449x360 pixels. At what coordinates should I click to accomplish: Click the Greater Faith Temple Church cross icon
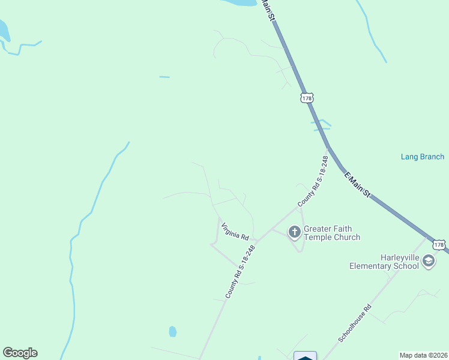point(294,231)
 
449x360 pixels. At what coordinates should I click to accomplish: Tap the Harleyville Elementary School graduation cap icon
point(429,260)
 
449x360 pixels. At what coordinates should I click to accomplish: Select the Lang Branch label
point(423,157)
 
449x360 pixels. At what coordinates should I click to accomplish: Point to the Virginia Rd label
point(235,232)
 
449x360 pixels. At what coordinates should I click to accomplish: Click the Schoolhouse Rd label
point(355,323)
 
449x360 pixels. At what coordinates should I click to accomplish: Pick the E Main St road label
point(358,185)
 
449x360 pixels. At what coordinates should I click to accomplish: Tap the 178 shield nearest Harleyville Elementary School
point(439,245)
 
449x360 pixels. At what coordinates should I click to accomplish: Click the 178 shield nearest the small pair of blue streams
point(307,97)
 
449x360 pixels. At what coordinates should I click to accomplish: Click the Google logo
point(20,353)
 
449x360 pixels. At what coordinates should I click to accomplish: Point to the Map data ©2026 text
point(423,355)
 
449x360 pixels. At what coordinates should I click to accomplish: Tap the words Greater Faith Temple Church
point(332,233)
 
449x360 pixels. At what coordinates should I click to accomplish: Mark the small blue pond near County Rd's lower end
point(173,331)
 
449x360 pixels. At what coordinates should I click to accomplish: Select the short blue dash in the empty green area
point(164,77)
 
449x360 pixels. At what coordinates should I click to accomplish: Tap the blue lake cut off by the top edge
point(240,2)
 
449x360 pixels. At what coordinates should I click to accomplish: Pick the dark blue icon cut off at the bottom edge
point(305,356)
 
